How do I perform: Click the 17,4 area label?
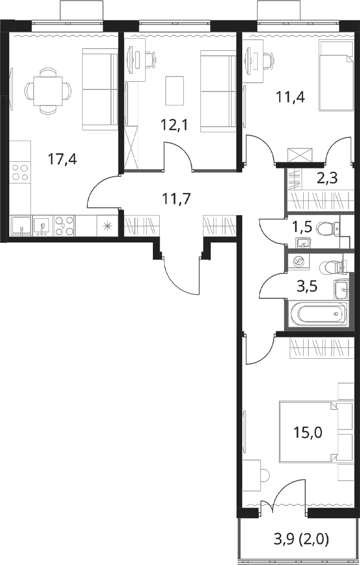[x=63, y=159]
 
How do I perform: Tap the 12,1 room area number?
[x=175, y=126]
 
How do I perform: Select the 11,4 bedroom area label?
[x=290, y=97]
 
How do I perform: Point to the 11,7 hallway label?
[x=177, y=198]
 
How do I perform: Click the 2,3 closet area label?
[x=327, y=178]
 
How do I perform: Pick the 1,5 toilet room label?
[x=302, y=228]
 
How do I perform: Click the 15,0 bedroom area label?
[x=307, y=432]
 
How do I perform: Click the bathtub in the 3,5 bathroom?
[x=318, y=314]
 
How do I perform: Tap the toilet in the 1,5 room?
[x=328, y=228]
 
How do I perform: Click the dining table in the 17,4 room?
[x=48, y=91]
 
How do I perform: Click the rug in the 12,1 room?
[x=175, y=91]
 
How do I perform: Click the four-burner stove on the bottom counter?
[x=64, y=225]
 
